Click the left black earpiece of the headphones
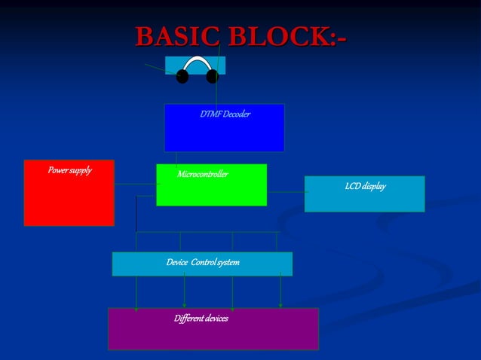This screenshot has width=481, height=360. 182,76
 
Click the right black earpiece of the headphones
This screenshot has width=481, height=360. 212,76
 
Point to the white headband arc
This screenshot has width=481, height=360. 197,61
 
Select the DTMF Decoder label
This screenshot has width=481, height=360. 225,114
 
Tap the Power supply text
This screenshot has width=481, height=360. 69,170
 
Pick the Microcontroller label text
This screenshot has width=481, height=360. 203,175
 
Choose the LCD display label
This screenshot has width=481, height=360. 365,186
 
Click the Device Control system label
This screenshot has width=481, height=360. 202,262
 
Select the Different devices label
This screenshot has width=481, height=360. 201,319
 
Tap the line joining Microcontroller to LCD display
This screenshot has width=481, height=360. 285,192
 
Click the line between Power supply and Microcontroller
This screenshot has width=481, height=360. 135,184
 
